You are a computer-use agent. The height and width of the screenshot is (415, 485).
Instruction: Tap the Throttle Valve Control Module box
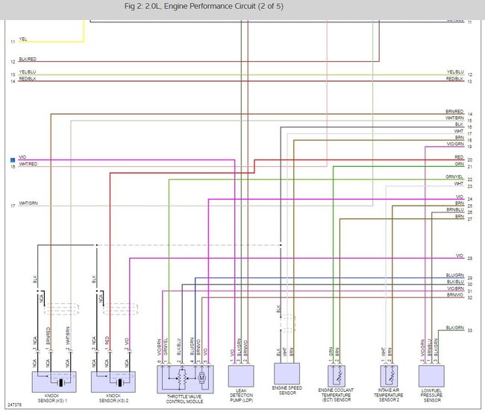(x=185, y=379)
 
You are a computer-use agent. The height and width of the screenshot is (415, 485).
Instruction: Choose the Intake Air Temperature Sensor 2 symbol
(x=388, y=374)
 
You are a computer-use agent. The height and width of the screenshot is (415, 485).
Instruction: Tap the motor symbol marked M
(x=201, y=378)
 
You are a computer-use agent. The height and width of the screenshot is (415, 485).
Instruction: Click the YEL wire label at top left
(x=23, y=38)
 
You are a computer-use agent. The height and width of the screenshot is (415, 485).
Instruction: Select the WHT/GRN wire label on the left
(x=28, y=203)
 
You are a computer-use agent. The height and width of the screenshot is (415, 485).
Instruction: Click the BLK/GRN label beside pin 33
(x=454, y=327)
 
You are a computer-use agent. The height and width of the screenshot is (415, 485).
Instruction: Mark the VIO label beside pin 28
(x=460, y=256)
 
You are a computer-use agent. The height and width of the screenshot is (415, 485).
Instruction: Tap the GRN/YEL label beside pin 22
(x=454, y=177)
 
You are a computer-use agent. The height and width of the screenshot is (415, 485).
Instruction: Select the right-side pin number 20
(x=470, y=160)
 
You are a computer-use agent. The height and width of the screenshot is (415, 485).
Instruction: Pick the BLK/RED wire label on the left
(x=28, y=59)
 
